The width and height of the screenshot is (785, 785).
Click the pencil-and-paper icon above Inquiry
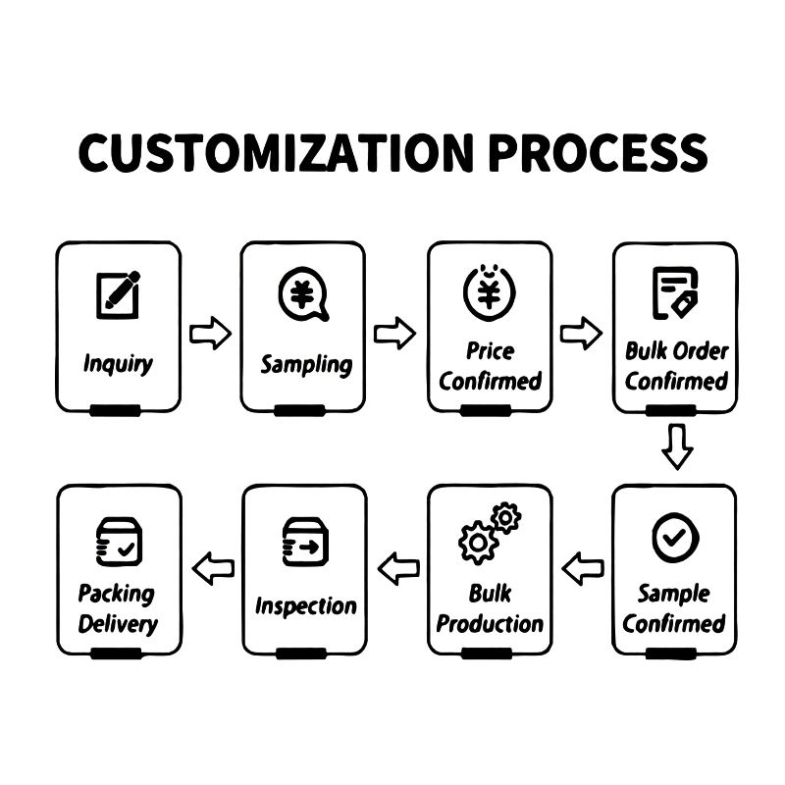click(x=118, y=293)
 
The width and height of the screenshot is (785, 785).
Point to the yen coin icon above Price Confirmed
click(x=490, y=291)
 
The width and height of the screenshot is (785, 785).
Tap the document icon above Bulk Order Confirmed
click(x=675, y=291)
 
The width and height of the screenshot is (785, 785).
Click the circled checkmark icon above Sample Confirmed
click(x=675, y=537)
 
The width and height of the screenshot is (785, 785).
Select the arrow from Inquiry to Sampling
click(x=210, y=334)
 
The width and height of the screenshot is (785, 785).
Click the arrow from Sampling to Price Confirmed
click(x=395, y=334)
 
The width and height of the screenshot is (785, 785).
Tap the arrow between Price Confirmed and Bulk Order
click(x=581, y=334)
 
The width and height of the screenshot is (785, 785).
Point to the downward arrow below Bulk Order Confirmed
click(x=676, y=446)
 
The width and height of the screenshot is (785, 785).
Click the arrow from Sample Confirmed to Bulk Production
click(x=583, y=568)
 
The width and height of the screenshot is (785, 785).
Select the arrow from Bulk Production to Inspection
click(x=398, y=568)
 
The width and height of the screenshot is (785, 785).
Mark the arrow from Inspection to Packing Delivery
click(x=213, y=568)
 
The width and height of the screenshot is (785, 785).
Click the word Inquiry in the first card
click(x=118, y=364)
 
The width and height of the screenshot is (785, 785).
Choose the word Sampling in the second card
click(x=305, y=365)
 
